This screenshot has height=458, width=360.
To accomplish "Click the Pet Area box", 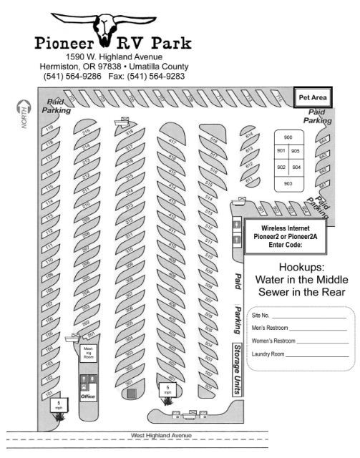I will [313, 97].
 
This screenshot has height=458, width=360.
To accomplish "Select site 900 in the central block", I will [288, 137].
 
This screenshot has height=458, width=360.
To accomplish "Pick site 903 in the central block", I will [288, 183].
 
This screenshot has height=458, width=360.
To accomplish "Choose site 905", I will [296, 152].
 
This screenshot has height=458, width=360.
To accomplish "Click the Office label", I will [88, 396].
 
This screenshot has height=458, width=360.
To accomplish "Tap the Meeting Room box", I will [88, 352].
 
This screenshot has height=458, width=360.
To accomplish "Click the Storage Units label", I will [237, 369].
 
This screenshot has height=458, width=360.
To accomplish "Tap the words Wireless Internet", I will [283, 229].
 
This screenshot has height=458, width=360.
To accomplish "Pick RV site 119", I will [50, 129].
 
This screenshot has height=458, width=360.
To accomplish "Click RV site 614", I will [249, 136].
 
